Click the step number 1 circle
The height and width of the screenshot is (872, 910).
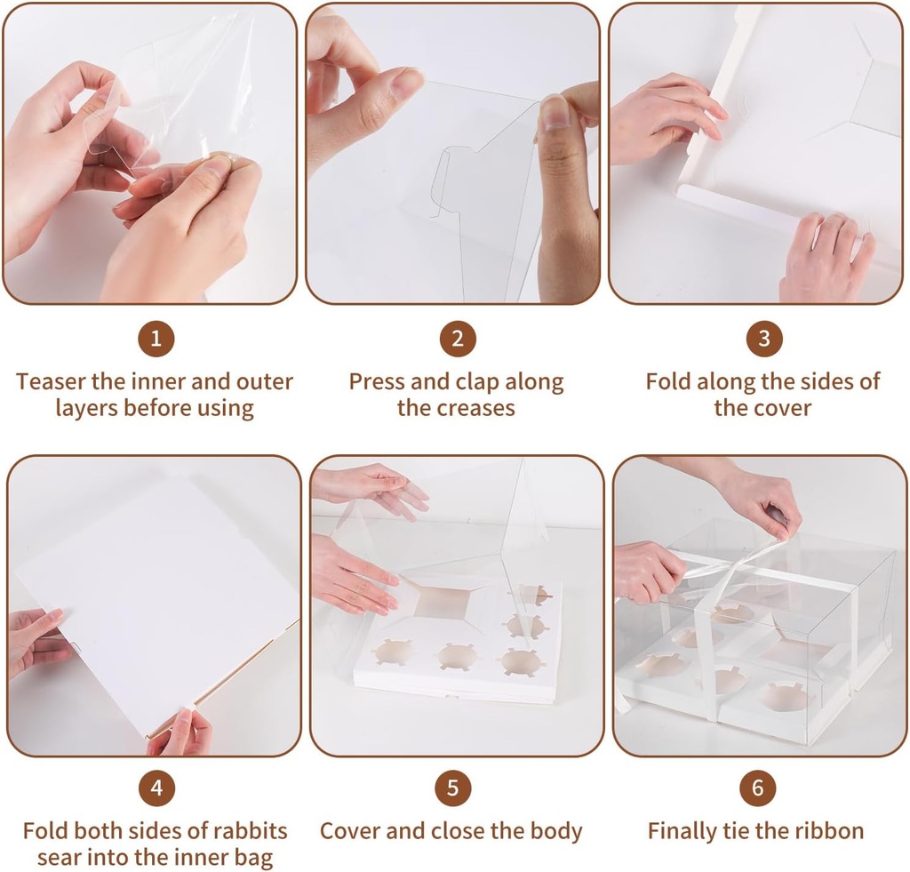(156, 339)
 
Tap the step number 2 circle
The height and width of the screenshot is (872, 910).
(458, 339)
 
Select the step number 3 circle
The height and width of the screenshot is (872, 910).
(763, 339)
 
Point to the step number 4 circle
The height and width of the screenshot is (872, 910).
(156, 788)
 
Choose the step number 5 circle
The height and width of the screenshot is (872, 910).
(452, 788)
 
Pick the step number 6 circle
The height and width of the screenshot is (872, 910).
(757, 788)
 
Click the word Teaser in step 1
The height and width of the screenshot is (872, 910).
(51, 382)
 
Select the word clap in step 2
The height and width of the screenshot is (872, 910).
(477, 382)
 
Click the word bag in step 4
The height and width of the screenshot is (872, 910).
(255, 859)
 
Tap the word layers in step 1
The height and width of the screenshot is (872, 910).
(87, 409)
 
